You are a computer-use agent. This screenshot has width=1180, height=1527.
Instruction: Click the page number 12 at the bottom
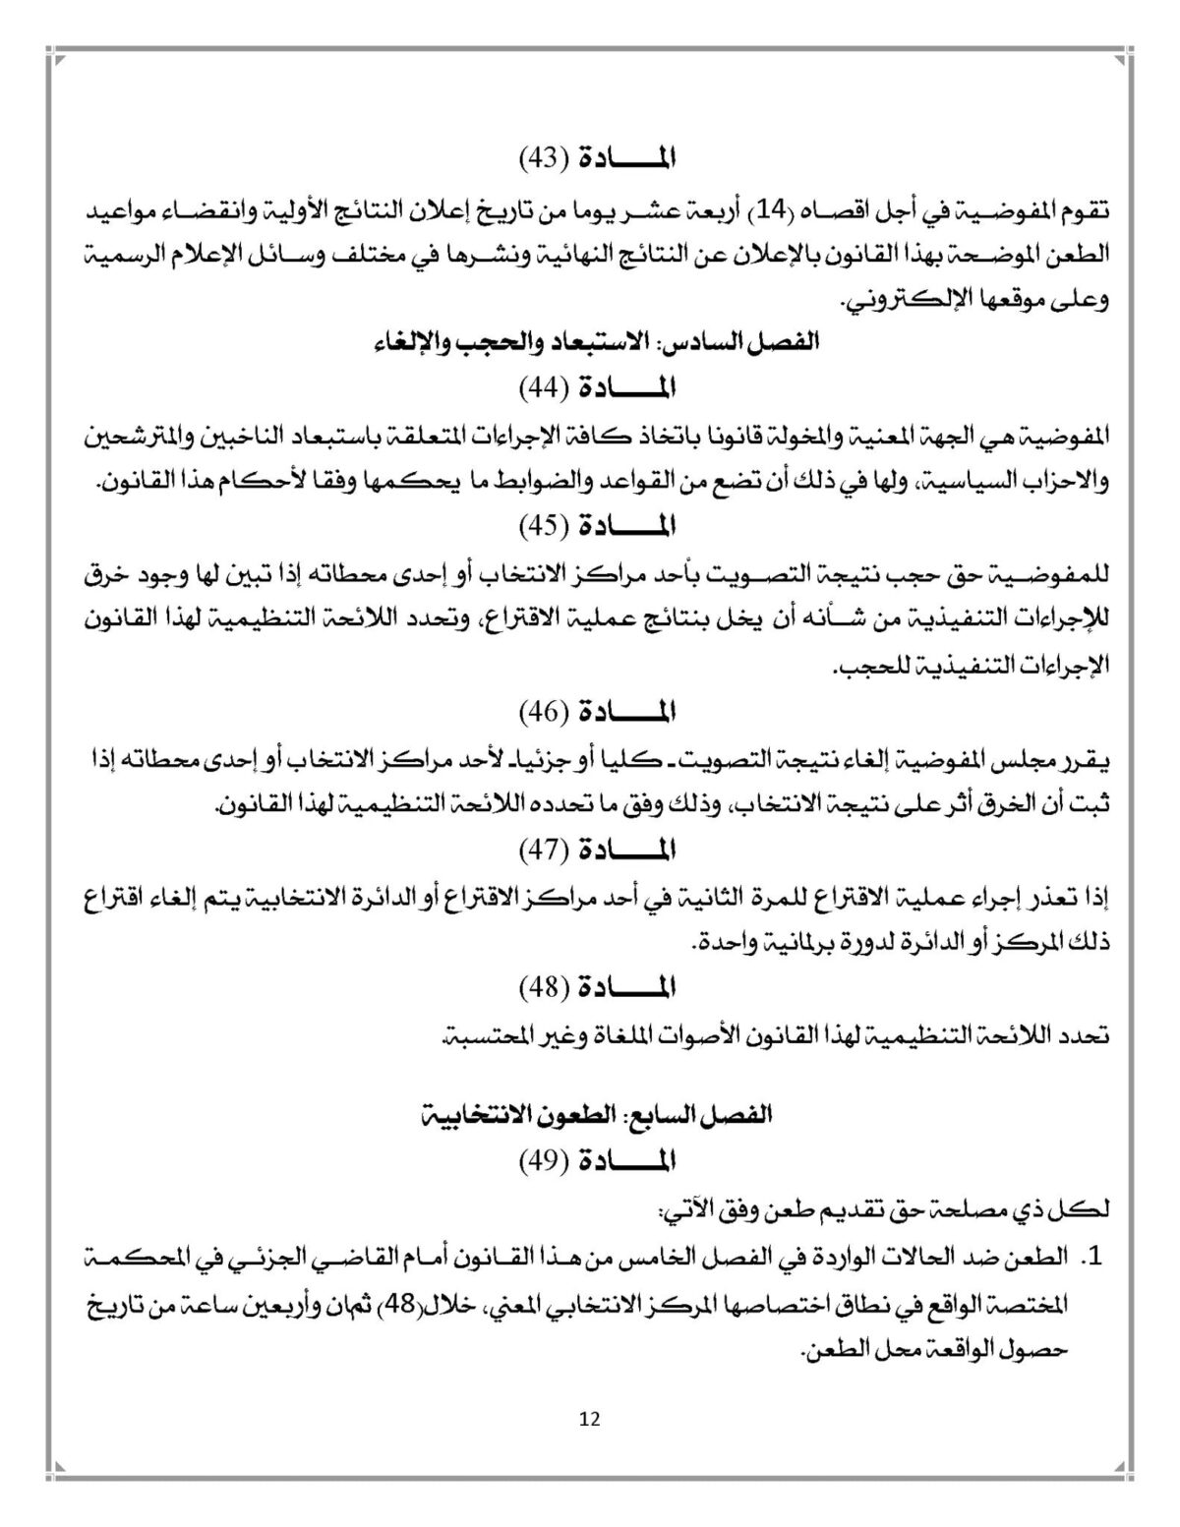pos(590,1419)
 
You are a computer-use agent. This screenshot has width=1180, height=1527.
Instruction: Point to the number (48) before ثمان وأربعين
pos(425,1304)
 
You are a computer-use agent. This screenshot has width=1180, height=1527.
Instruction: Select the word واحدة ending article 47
pos(726,941)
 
